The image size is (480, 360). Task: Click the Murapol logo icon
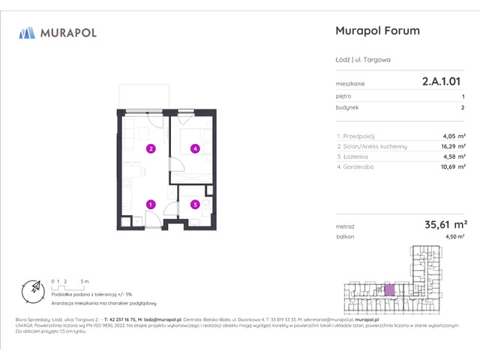point(28,32)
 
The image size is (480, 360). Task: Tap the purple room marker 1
point(151,204)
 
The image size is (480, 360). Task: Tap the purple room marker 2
point(151,148)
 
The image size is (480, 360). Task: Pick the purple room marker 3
point(194,204)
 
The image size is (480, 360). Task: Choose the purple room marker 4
point(194,148)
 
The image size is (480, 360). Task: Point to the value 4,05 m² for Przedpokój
point(454,136)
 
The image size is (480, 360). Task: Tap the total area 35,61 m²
point(445,223)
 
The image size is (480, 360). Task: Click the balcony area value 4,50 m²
point(455,236)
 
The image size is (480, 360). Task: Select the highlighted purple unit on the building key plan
point(389,289)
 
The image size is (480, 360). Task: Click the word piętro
point(343,96)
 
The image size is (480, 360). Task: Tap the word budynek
point(346,108)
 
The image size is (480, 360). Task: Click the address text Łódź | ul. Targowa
point(363,60)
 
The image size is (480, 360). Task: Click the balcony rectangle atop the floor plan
point(147,96)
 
